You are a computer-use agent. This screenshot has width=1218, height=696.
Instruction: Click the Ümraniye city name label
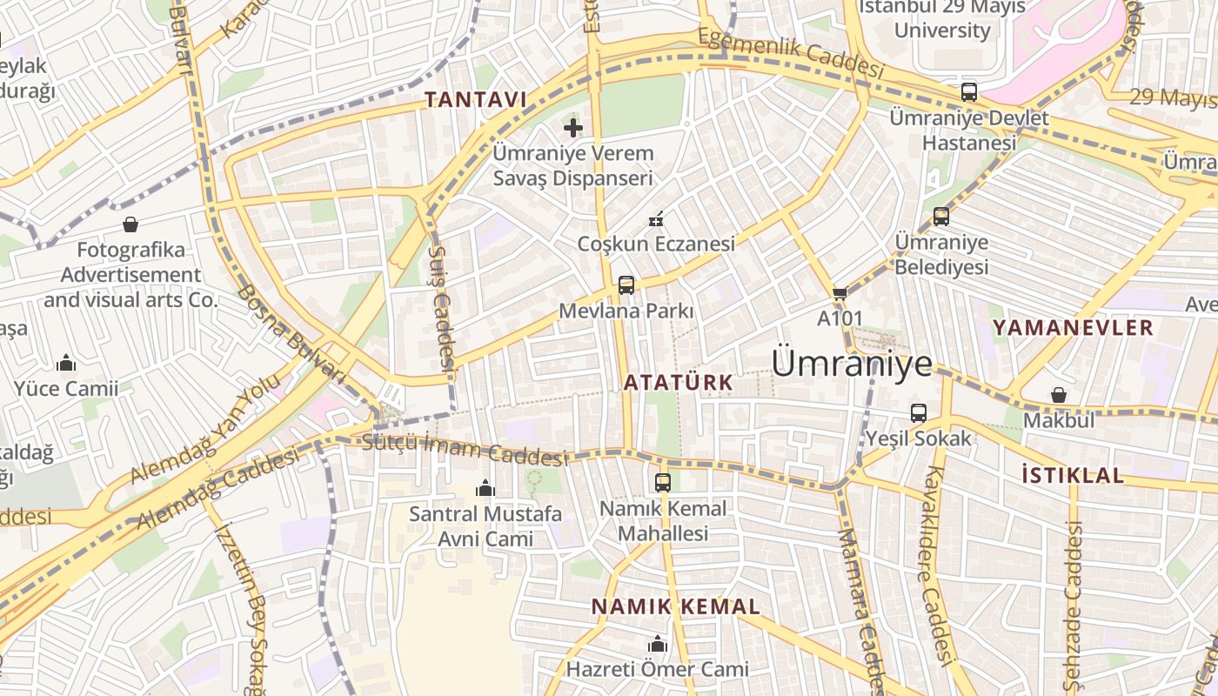pos(852,363)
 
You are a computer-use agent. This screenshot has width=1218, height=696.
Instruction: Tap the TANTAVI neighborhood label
pos(476,100)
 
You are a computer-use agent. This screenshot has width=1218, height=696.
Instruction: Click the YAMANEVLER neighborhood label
pos(1073,328)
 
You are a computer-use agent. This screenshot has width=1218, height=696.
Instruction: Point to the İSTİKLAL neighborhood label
pos(1073,475)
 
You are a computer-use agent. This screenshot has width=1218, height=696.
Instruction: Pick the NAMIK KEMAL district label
pos(676,606)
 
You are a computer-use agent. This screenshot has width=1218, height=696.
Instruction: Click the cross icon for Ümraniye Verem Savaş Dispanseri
pos(572,128)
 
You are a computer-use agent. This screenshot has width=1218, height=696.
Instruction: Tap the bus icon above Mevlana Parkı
pos(626,284)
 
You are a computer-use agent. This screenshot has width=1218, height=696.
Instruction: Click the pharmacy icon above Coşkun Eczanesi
pos(657,218)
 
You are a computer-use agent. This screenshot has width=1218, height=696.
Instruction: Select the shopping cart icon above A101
pos(840,293)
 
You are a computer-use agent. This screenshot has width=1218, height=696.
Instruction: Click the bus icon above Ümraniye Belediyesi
pos(940,217)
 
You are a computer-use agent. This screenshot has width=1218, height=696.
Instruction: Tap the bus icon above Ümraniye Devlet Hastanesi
pos(968,91)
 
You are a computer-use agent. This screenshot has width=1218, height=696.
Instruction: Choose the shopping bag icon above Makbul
pos(1059,395)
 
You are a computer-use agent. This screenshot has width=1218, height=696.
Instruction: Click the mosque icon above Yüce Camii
pos(66,363)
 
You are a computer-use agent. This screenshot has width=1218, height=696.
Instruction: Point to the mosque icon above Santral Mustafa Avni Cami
pos(485,489)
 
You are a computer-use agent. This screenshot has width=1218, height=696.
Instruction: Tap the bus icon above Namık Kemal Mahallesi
pos(663,482)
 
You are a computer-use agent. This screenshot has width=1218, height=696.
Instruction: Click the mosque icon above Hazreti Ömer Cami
pos(658,644)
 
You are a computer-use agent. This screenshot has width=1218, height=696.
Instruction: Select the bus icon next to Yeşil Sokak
pos(919,413)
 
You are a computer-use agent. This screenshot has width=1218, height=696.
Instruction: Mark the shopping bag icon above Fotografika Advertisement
pos(130,224)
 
